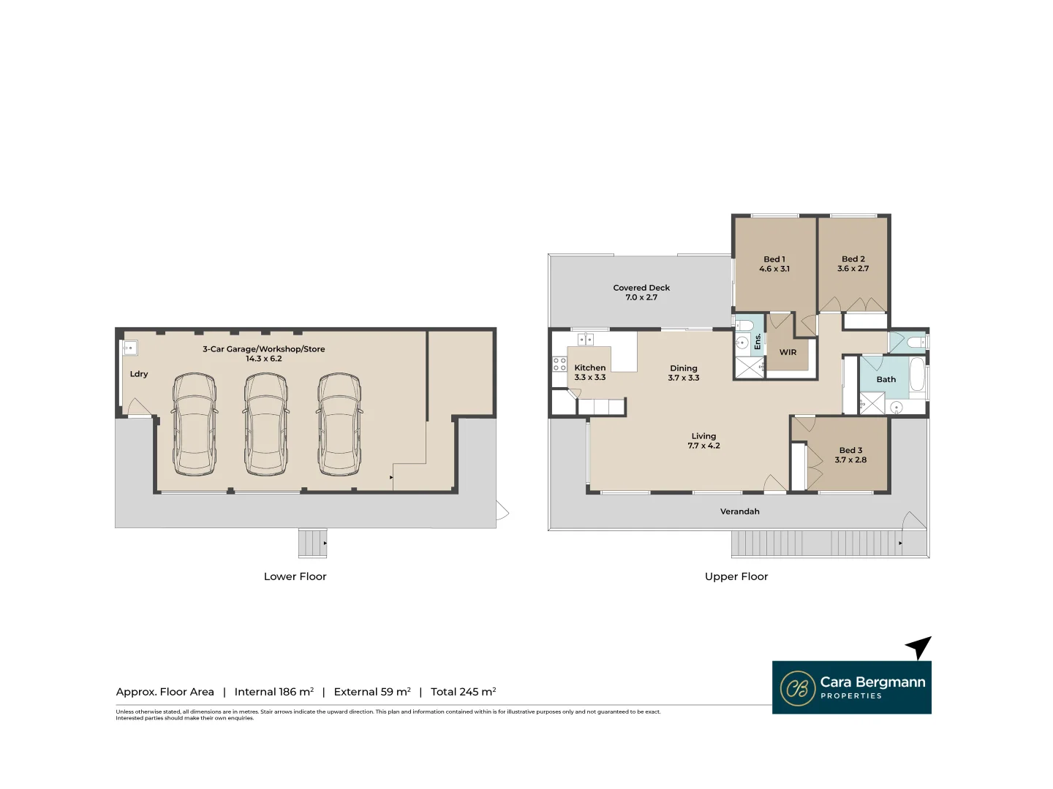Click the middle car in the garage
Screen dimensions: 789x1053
266,424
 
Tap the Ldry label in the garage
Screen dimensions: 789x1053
139,374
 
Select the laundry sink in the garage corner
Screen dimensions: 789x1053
129,348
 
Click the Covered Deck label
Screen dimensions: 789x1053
641,288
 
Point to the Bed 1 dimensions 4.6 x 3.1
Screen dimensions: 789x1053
774,269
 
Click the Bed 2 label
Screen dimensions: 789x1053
853,259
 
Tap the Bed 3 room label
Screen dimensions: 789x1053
850,450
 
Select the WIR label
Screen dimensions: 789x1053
788,352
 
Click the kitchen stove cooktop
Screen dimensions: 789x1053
559,364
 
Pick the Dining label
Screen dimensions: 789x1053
684,368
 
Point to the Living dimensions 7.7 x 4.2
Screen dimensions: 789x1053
703,446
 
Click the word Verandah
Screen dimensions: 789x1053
739,511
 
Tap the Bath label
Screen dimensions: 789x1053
886,379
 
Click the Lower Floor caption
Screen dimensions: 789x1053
295,576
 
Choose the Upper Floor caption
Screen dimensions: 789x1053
736,576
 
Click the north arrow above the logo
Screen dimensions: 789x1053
919,647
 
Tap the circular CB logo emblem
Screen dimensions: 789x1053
797,688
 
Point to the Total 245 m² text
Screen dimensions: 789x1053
463,692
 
